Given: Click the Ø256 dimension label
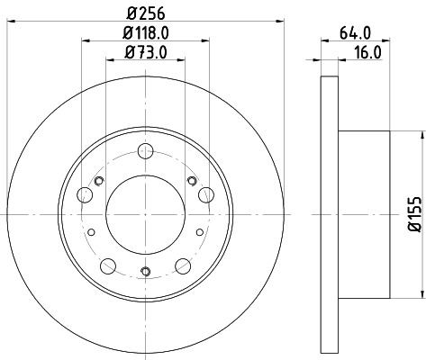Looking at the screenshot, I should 145,13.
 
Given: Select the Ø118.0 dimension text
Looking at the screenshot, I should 147,34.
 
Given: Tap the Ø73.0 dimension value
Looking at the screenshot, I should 146,55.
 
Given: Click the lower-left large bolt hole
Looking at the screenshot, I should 108,265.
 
